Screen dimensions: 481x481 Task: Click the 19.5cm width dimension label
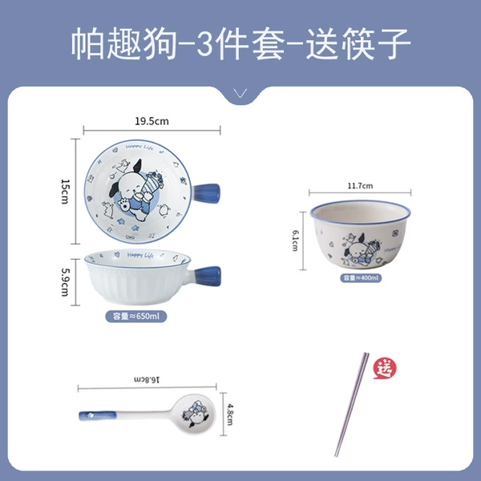coord(152,121)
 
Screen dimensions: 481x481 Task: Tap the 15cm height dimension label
coord(66,192)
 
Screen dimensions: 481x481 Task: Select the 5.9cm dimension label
coord(66,282)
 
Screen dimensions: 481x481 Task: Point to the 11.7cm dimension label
coord(360,186)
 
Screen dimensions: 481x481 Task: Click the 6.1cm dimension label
coord(295,240)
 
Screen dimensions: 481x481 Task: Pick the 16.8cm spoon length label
coord(147,379)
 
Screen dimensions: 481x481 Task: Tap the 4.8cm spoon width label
coord(230,414)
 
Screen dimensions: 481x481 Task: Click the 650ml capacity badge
coord(136,317)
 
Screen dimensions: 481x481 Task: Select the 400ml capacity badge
coord(361,278)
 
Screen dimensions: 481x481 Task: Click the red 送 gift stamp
coord(385,368)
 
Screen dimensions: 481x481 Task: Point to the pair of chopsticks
coord(352,404)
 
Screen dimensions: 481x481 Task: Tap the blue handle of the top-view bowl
coord(206,192)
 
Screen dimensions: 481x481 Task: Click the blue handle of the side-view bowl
coord(207,275)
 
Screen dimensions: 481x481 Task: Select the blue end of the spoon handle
coord(98,415)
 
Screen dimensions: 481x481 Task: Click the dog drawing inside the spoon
coord(195,414)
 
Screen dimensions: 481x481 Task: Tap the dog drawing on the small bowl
coord(362,249)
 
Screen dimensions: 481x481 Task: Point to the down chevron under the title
coord(240,93)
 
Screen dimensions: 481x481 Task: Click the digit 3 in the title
coord(204,42)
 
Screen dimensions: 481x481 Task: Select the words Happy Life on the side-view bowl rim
coord(139,255)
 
